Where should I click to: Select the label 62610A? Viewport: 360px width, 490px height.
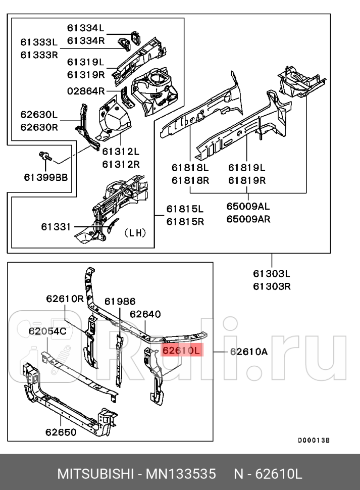pyautogui.click(x=248, y=352)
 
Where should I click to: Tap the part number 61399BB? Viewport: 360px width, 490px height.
pyautogui.click(x=45, y=177)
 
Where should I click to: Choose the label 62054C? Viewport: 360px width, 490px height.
pyautogui.click(x=47, y=331)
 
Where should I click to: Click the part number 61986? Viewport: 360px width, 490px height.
pyautogui.click(x=120, y=301)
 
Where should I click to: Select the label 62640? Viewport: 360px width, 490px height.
pyautogui.click(x=145, y=314)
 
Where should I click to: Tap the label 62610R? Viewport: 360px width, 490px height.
pyautogui.click(x=65, y=298)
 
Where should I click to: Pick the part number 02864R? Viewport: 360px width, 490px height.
pyautogui.click(x=86, y=91)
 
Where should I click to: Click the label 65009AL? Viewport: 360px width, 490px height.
pyautogui.click(x=248, y=206)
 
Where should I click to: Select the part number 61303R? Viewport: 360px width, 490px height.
pyautogui.click(x=272, y=286)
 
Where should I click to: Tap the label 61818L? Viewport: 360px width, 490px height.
pyautogui.click(x=190, y=168)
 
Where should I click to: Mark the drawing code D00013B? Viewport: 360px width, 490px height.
pyautogui.click(x=313, y=440)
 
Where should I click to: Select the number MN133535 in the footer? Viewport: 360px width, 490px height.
pyautogui.click(x=181, y=474)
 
